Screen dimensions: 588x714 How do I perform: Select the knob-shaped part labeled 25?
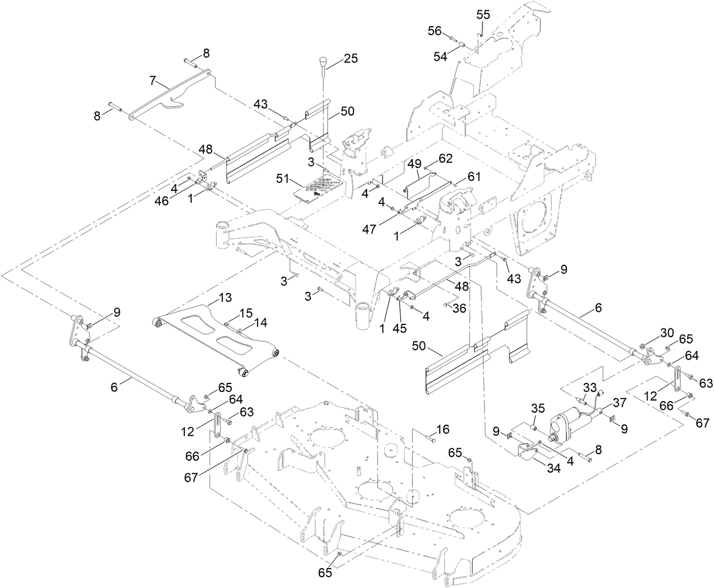click(x=324, y=62)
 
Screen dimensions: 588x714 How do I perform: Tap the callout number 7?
click(x=152, y=81)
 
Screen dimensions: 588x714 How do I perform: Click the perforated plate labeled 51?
click(x=319, y=189)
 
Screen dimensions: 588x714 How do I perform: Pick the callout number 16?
click(x=442, y=428)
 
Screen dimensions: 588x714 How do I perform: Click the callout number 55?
click(x=483, y=15)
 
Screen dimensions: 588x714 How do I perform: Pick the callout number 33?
click(x=590, y=388)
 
